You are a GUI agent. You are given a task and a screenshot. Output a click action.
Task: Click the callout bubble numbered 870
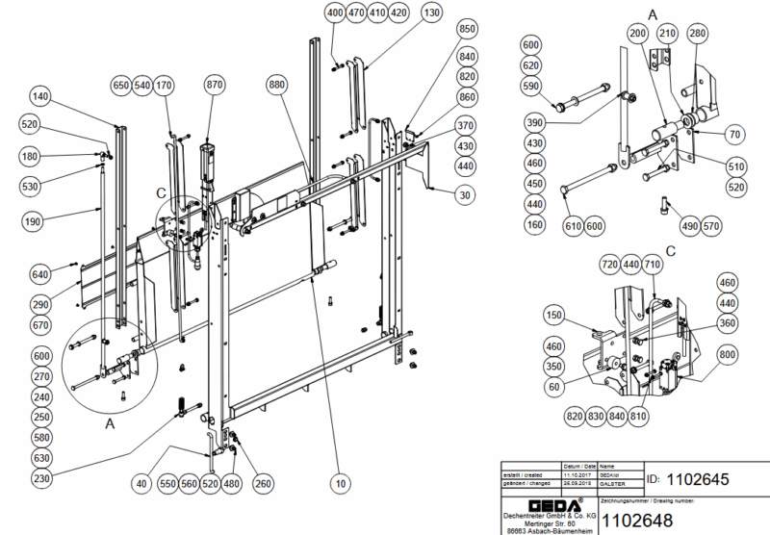(214, 85)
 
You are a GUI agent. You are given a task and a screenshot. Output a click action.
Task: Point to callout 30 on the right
(467, 195)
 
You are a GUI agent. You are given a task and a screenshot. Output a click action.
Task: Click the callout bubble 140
(39, 96)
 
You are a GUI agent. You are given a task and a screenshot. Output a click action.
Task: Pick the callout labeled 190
(33, 222)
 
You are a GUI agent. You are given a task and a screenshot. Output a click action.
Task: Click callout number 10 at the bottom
(340, 484)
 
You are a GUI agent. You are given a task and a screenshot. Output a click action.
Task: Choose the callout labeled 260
(263, 484)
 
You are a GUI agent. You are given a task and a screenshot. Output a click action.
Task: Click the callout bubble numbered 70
(734, 134)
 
